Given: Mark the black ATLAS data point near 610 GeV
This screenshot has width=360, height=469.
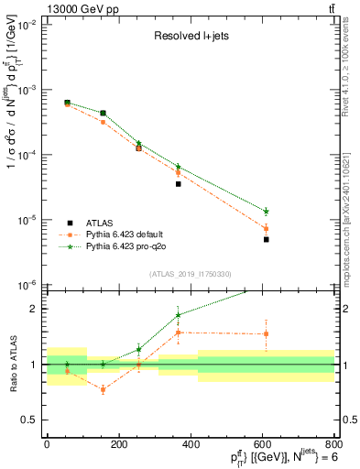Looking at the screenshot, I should point(266,239).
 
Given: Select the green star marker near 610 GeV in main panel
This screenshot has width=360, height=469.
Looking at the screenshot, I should point(266,212).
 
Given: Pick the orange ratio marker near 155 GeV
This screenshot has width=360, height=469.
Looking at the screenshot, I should point(103,389).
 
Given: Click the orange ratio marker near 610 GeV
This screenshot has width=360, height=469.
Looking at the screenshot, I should point(266,333).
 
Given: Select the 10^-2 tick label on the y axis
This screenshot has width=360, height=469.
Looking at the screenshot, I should point(27,26).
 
